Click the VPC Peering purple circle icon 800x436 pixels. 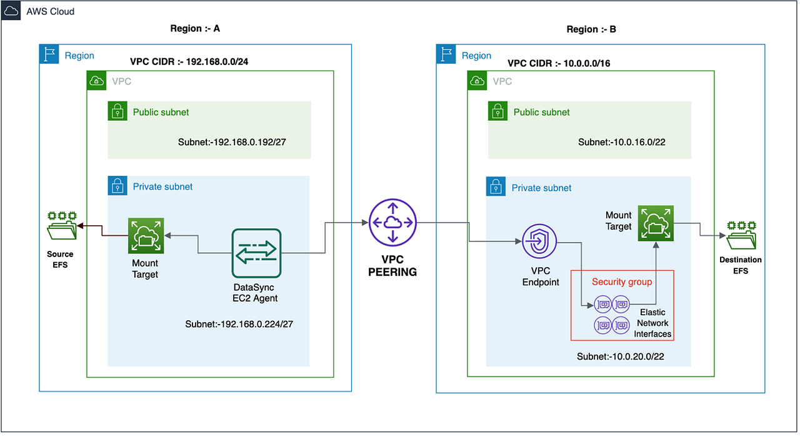tap(392, 223)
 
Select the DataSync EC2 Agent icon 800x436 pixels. tap(256, 253)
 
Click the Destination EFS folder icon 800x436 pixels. tap(741, 235)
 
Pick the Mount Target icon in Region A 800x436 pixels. tap(146, 236)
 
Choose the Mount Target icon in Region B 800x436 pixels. tap(655, 223)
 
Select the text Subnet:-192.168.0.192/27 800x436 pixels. tap(231, 143)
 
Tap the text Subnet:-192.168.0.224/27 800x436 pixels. tap(238, 324)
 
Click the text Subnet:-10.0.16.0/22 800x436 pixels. tap(621, 142)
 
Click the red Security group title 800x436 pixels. tap(622, 282)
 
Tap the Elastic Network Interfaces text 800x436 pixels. tap(652, 323)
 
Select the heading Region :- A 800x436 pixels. tap(195, 29)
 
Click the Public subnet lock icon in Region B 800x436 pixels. tap(496, 112)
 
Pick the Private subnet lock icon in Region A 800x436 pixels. tap(116, 186)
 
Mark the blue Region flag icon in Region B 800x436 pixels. tap(446, 54)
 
